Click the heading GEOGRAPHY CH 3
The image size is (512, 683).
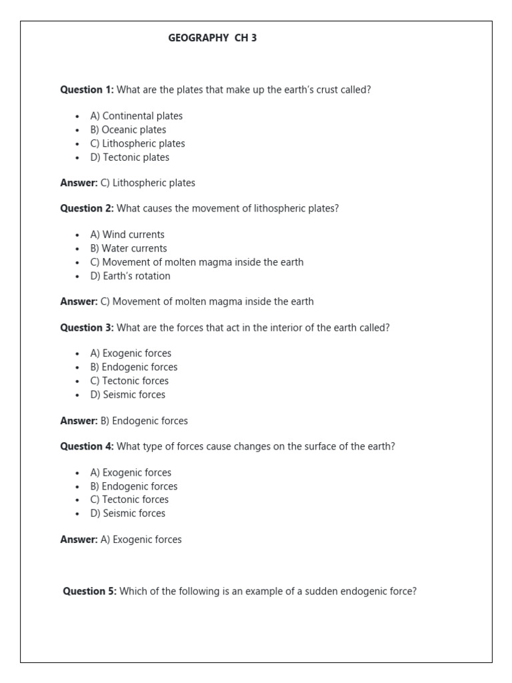(212, 39)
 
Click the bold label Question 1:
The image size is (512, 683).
(87, 89)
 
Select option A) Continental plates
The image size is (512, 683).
(136, 116)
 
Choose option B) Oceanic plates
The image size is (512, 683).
(128, 130)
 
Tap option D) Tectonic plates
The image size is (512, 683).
(129, 157)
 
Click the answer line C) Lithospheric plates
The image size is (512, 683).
(147, 183)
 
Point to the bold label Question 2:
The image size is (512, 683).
(87, 208)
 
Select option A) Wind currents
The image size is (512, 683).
(127, 235)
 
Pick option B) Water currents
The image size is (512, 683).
(128, 249)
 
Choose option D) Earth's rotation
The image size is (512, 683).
(130, 276)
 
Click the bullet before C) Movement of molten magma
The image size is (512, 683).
(77, 263)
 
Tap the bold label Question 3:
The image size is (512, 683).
(87, 327)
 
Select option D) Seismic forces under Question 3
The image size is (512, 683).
(127, 395)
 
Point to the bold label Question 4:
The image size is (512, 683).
(87, 446)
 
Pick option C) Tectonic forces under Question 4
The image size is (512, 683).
(129, 500)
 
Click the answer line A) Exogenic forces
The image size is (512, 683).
(141, 540)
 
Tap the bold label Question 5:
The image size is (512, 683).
(89, 591)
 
